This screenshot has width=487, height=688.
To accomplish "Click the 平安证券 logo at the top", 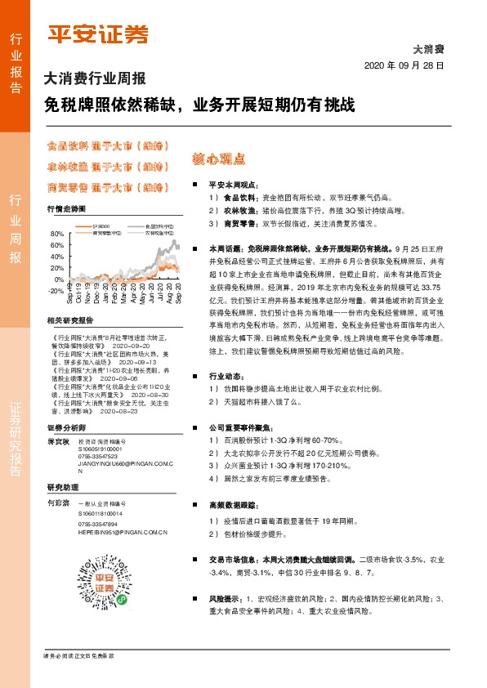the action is pos(97,34).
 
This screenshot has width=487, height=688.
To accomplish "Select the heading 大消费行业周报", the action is pos(94,79).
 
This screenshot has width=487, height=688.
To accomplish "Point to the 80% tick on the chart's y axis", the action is pos(56,235).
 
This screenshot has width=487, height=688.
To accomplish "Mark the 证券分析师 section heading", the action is pos(65,427).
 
